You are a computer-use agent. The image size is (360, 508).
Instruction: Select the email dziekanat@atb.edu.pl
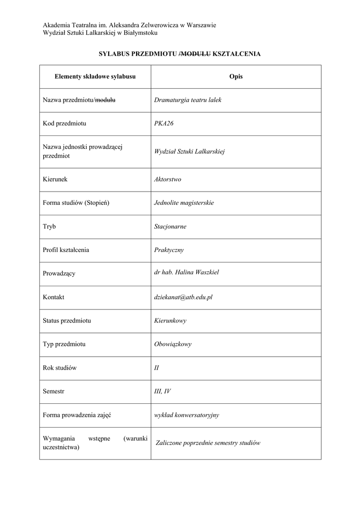point(183,297)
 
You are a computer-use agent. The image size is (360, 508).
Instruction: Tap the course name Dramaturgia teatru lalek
point(188,100)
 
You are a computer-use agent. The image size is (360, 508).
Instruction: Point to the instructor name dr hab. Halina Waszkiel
point(187,272)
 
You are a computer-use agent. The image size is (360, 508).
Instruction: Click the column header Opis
point(236,76)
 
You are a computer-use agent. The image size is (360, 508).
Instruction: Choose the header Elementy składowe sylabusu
point(95,76)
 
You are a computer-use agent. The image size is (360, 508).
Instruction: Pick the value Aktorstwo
point(168,179)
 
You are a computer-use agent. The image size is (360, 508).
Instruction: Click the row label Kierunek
point(55,179)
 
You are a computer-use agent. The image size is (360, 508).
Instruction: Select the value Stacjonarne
point(170,226)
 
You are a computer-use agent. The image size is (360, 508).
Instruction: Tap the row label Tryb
point(49,226)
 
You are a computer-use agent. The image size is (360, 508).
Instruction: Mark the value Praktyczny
point(169,250)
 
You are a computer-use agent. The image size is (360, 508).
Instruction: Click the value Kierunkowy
point(170,320)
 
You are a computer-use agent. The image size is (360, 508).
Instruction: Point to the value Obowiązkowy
point(173,344)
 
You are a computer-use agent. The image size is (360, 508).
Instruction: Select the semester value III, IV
point(162,391)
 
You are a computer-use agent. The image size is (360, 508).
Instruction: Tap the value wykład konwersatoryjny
point(187,415)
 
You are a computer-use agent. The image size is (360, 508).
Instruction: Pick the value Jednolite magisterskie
point(184,202)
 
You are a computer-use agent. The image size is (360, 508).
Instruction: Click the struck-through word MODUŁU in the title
point(196,53)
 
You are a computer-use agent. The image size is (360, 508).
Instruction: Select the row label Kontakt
point(54,297)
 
